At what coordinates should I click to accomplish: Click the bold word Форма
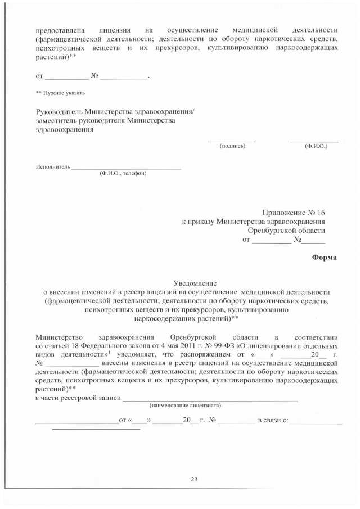tap(325, 258)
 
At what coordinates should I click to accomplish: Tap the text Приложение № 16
tap(294, 213)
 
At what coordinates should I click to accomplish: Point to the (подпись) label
tap(232, 146)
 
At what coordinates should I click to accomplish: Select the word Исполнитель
tap(52, 166)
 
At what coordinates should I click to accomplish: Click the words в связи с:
tap(273, 421)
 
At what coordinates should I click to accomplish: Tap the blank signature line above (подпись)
tap(231, 141)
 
